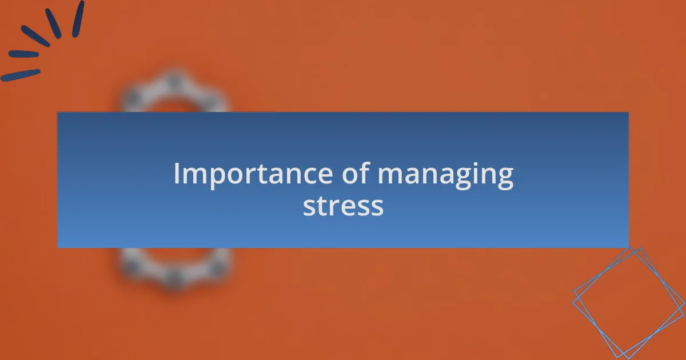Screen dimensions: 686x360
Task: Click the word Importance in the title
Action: [253, 174]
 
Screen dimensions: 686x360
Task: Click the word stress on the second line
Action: [344, 206]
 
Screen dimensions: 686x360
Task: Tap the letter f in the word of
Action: [365, 173]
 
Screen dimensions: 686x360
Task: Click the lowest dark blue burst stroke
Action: [21, 75]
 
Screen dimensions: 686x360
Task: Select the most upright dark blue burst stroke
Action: [78, 19]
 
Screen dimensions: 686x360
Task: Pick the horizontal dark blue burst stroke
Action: [23, 54]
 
